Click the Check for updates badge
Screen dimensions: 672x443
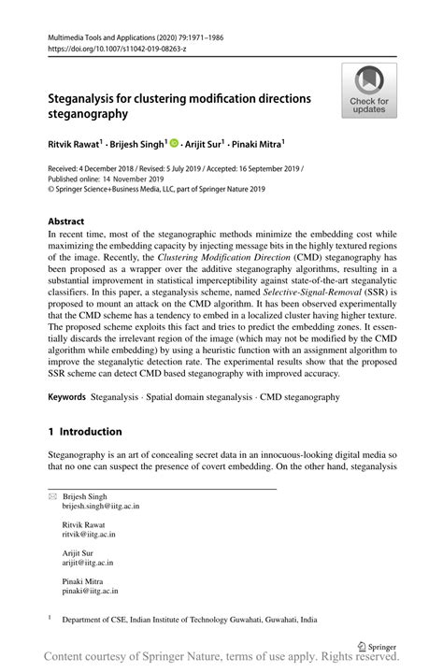pos(369,91)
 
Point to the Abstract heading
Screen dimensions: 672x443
pos(66,222)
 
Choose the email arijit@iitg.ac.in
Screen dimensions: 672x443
pos(88,563)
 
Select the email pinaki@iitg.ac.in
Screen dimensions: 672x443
pos(90,592)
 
